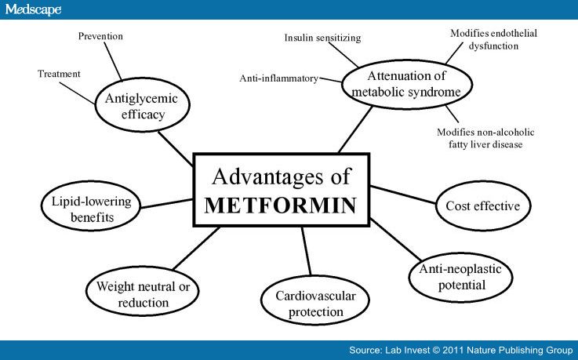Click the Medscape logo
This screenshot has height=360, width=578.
pos(31,9)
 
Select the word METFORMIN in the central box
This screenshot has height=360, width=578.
pos(281,205)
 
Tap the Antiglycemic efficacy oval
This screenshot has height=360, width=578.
pos(143,106)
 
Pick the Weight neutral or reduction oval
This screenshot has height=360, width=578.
pos(137,293)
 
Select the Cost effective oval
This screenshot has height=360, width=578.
pos(482,205)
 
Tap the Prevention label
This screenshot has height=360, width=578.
pos(101,36)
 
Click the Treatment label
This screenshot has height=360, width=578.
pos(59,74)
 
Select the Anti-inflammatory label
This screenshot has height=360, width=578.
pos(278,78)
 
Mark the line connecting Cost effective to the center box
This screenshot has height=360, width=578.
pos(404,196)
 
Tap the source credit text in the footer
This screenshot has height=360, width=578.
pos(460,350)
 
